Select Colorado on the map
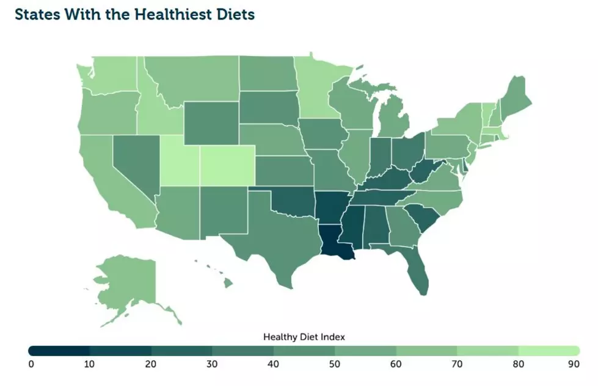coord(227,166)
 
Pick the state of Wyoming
coord(212,123)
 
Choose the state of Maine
coord(516,97)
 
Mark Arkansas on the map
coord(329,208)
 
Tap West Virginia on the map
coord(423,171)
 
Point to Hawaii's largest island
coord(228,283)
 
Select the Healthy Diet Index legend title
coord(304,337)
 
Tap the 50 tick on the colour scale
coord(335,364)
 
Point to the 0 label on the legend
coord(31,364)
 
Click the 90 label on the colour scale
coord(574,364)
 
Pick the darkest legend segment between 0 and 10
coord(59,351)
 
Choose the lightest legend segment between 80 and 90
coord(549,351)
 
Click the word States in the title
coord(37,15)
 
